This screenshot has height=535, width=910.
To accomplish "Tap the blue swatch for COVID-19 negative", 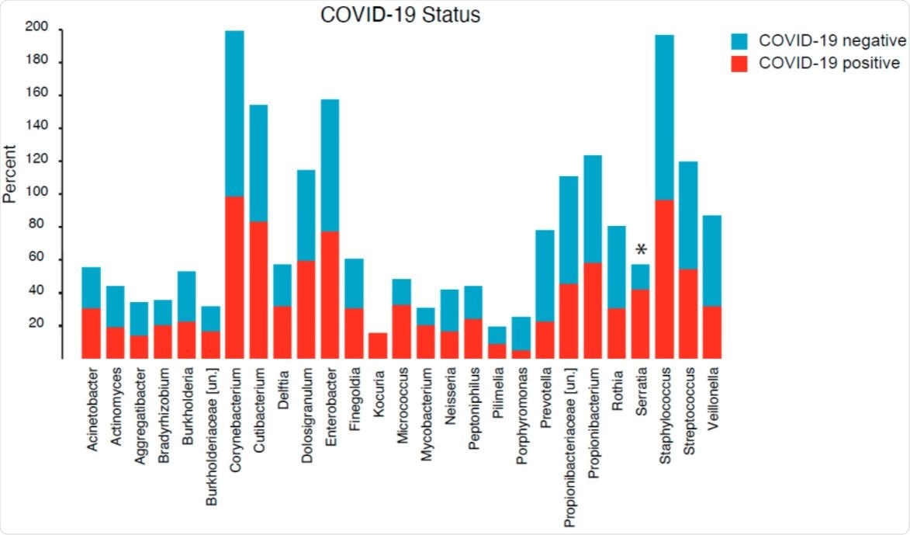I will tap(739, 40).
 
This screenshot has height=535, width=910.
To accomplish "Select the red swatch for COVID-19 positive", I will tap(739, 64).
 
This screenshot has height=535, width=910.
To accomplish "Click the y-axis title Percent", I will tap(10, 172).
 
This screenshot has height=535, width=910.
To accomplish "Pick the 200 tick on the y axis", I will tap(37, 28).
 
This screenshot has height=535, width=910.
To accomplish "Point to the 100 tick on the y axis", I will tap(37, 193).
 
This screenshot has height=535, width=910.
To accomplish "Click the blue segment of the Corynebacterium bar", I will tap(234, 113).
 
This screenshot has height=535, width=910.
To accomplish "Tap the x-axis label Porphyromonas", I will tap(521, 412).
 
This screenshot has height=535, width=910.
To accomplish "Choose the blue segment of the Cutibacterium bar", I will tap(258, 163).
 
